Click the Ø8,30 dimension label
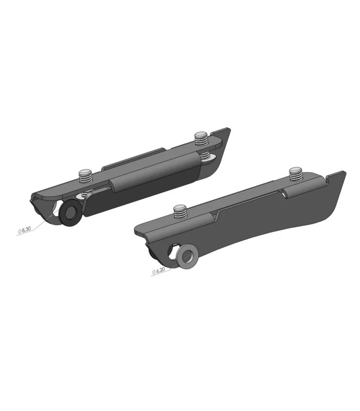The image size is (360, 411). click(24, 230)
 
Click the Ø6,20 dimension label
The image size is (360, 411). click(158, 271)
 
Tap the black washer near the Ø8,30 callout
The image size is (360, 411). click(70, 212)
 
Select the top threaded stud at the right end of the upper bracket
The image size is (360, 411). click(201, 138)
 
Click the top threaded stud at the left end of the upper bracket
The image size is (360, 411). click(85, 176)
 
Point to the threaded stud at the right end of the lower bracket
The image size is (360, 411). click(296, 174)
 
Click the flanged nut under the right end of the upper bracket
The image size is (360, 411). click(208, 158)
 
